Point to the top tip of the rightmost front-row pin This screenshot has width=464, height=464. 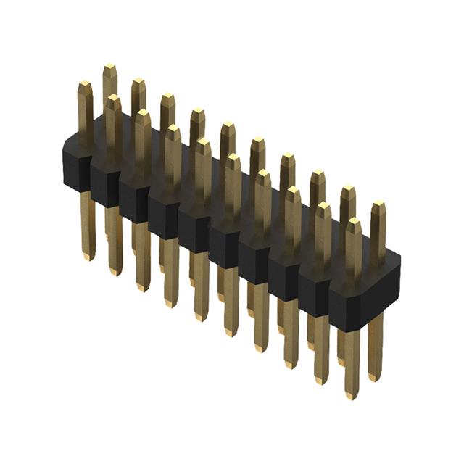point(353,222)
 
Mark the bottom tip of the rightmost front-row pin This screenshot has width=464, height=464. point(352,395)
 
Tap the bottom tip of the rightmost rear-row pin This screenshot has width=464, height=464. point(373,378)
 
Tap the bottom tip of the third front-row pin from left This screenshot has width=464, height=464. point(144,288)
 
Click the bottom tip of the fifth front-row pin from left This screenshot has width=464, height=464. point(202,318)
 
